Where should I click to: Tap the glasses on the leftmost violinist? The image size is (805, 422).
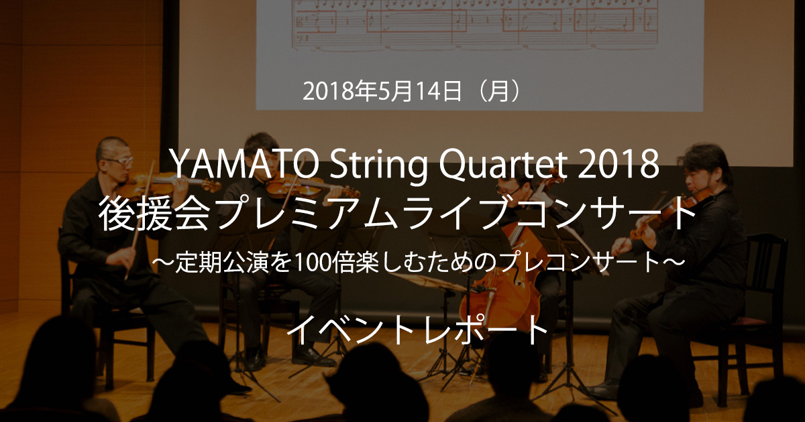pyautogui.click(x=119, y=161)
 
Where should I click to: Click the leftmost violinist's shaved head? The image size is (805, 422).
pyautogui.click(x=111, y=149)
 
